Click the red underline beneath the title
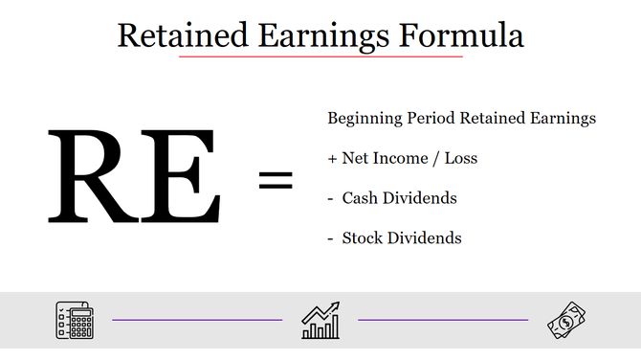coord(320,56)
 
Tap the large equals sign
coord(276,179)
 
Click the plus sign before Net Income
coord(333,159)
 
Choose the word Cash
coord(360,198)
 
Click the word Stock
coord(363,237)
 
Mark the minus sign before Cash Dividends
coord(331,199)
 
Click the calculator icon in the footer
coord(73,320)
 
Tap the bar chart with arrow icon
coord(320,320)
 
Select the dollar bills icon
coord(566,320)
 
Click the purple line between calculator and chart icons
coord(197,320)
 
